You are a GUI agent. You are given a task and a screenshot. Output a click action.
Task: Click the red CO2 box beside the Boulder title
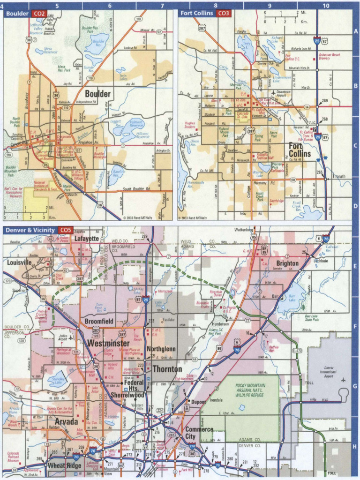click(39, 14)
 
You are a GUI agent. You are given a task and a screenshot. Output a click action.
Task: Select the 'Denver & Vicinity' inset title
click(30, 230)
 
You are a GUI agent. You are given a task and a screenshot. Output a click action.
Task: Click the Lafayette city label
click(87, 239)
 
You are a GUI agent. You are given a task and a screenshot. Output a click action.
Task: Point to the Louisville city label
click(19, 262)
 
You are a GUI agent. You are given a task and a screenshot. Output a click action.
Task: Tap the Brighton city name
click(287, 263)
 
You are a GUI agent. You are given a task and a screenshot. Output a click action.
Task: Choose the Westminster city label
click(108, 344)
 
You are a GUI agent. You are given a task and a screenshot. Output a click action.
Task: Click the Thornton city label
click(167, 369)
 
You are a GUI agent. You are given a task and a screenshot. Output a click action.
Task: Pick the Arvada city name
click(62, 422)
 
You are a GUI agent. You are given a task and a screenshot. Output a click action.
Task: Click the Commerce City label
click(199, 433)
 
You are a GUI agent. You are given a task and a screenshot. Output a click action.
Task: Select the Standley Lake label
click(58, 380)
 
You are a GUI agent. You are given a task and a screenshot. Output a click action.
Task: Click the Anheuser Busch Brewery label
click(330, 56)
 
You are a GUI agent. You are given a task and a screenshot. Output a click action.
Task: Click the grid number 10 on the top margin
click(326, 6)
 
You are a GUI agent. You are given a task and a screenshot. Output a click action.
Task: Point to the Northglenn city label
click(161, 349)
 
